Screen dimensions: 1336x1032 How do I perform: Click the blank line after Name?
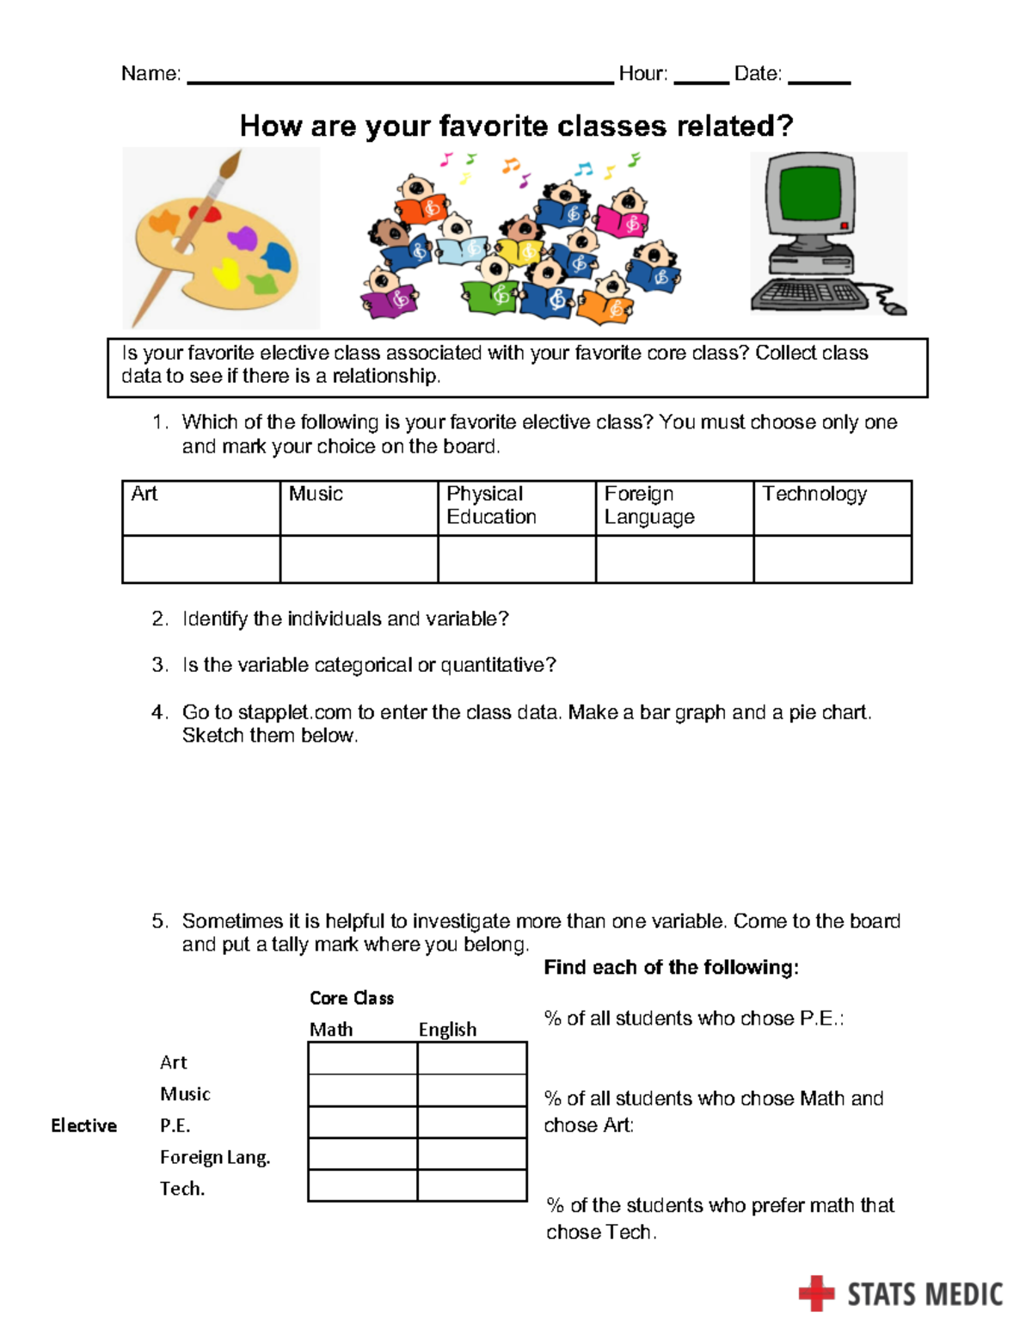tap(400, 81)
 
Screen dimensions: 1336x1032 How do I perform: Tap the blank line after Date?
tap(819, 81)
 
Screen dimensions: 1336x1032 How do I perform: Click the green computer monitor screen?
tap(808, 194)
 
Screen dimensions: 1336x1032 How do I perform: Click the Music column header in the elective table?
tap(316, 494)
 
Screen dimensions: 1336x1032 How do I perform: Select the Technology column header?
tap(814, 494)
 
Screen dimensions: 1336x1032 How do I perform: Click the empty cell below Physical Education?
tap(517, 559)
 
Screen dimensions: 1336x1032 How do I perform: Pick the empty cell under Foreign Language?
tap(674, 559)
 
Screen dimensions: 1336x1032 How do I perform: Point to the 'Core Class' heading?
tap(352, 998)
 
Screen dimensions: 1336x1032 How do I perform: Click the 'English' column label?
tap(447, 1030)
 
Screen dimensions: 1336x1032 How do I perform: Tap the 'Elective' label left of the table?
tap(83, 1125)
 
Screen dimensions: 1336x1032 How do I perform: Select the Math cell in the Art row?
tap(362, 1058)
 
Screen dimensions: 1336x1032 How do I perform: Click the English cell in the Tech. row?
tap(472, 1185)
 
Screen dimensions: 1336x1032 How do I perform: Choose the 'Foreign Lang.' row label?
tap(215, 1158)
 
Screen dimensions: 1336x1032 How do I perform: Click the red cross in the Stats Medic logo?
tap(816, 1293)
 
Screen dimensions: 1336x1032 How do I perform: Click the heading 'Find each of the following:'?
tap(671, 968)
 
